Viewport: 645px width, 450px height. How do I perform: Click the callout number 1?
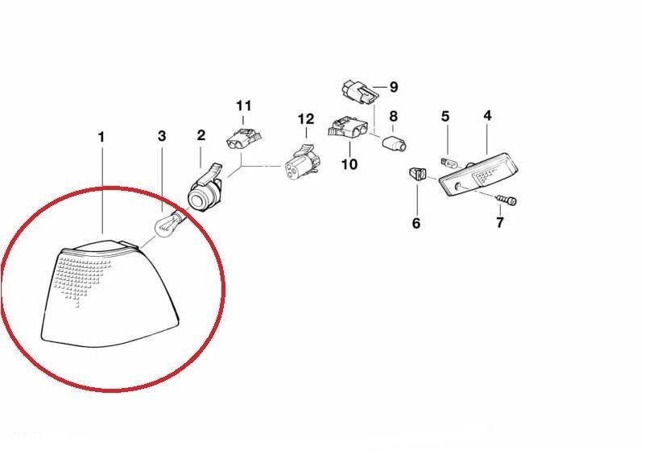point(101,137)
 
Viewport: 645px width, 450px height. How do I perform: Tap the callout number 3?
point(162,135)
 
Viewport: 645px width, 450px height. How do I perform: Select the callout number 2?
point(201,134)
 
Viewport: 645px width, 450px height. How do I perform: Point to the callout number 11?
point(243,105)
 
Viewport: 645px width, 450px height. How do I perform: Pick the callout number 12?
point(306,119)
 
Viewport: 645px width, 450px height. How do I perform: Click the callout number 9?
point(394,87)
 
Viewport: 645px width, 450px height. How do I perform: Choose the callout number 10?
point(349,164)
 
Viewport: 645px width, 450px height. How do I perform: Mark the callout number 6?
point(416,223)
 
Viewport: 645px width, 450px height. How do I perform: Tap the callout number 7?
point(500,222)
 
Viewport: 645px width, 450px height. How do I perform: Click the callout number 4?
point(487,116)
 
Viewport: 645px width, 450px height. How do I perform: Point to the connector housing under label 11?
point(243,138)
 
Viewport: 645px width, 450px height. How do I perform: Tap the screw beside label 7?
point(506,200)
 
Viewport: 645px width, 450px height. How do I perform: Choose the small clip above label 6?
point(418,173)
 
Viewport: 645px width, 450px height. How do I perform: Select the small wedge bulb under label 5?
point(449,163)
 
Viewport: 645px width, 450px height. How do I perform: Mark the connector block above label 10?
point(348,127)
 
